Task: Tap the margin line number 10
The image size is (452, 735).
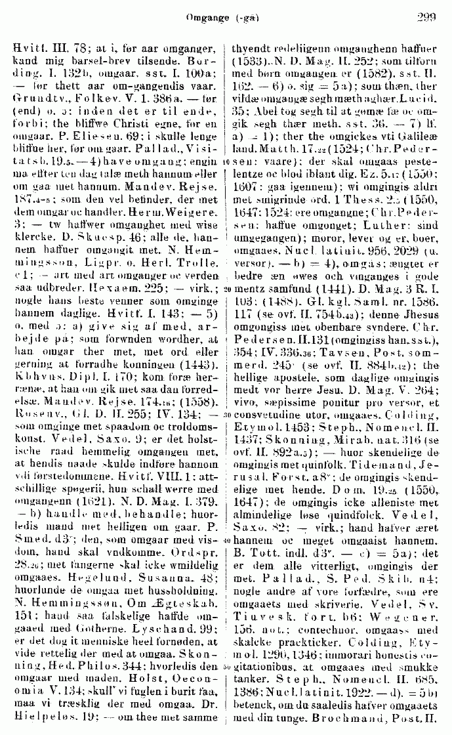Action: tap(224, 161)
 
